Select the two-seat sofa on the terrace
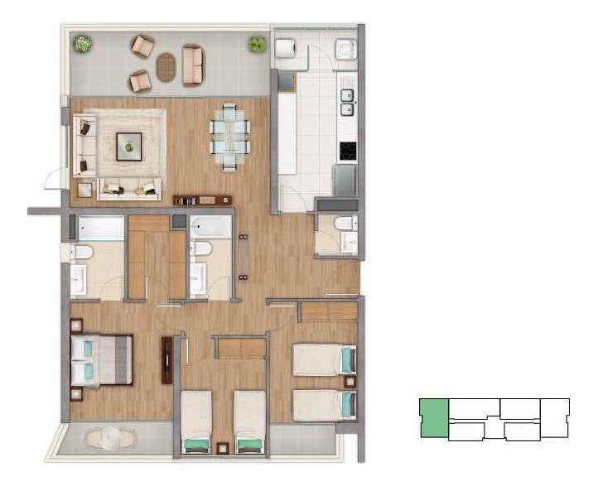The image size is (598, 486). point(192,65)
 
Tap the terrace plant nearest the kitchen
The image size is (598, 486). point(257,44)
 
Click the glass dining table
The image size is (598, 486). point(229,137)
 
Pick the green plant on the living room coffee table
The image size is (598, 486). point(129,147)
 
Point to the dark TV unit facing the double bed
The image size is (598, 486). point(167,360)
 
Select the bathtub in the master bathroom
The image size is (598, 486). point(98,227)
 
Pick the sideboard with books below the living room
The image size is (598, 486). point(203,200)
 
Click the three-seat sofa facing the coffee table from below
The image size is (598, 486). point(128,190)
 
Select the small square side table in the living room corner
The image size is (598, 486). point(84,190)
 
